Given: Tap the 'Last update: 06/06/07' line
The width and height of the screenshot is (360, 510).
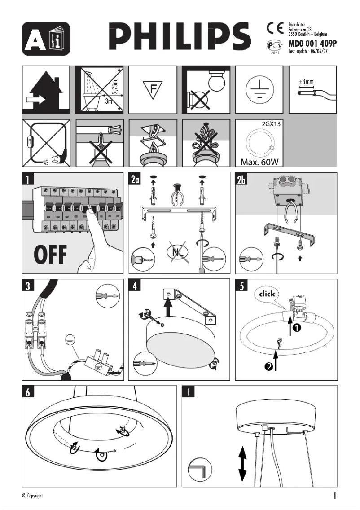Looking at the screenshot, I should pyautogui.click(x=308, y=51).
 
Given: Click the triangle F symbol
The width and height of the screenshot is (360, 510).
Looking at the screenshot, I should pyautogui.click(x=153, y=89).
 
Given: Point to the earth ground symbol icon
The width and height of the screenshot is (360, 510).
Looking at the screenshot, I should pyautogui.click(x=259, y=89).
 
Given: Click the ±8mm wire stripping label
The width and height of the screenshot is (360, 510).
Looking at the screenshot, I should pyautogui.click(x=306, y=82).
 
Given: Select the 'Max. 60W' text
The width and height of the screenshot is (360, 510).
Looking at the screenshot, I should pyautogui.click(x=259, y=161).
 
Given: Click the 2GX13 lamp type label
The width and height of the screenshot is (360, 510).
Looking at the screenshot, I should pyautogui.click(x=271, y=124).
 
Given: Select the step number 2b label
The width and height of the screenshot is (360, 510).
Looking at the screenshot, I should pyautogui.click(x=242, y=180).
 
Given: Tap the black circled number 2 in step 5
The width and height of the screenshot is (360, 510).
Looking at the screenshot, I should pyautogui.click(x=268, y=367).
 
